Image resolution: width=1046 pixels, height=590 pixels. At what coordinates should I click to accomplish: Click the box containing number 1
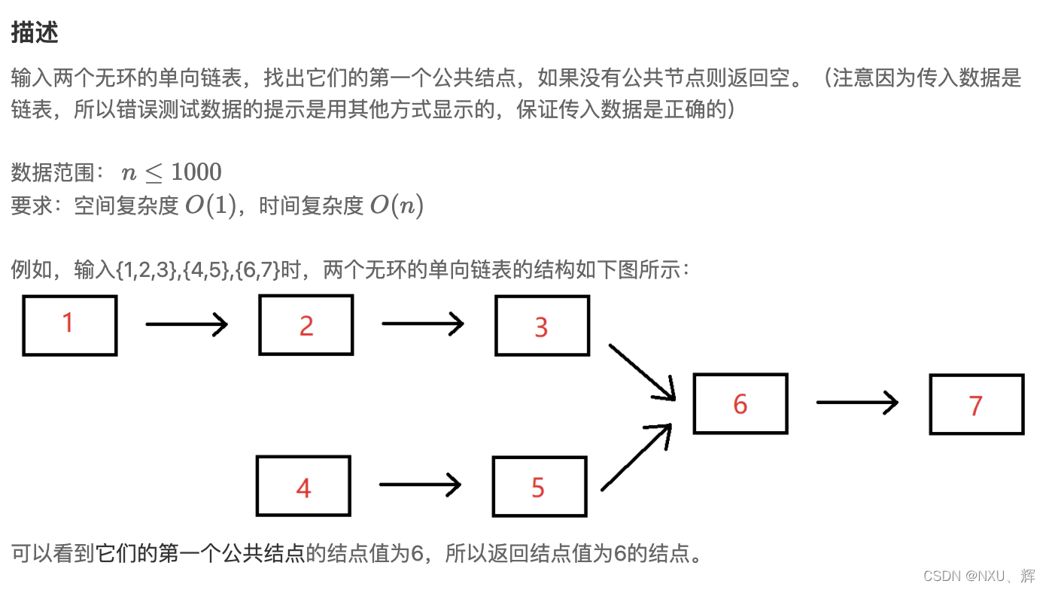[70, 325]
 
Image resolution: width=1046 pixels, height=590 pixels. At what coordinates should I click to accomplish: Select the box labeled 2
[306, 325]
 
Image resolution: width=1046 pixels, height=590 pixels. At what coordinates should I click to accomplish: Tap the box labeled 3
[542, 325]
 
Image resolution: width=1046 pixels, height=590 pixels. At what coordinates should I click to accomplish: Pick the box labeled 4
[303, 486]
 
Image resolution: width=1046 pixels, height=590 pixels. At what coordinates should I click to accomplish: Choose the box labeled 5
[539, 486]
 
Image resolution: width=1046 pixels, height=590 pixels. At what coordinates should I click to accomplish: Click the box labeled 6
[740, 403]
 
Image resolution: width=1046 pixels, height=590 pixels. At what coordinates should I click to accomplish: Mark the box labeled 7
[976, 404]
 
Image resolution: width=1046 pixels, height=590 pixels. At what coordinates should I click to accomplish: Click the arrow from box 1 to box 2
[187, 324]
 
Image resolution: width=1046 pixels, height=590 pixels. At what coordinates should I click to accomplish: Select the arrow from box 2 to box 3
[423, 324]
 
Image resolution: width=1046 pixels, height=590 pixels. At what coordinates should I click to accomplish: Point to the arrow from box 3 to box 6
[642, 372]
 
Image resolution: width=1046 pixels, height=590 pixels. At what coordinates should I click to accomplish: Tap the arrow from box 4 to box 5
[420, 485]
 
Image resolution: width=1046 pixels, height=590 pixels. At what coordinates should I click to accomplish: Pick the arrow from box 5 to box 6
[637, 457]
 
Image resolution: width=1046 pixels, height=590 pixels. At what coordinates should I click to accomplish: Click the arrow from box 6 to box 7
[857, 403]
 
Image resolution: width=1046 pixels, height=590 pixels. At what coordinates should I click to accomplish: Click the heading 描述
[35, 32]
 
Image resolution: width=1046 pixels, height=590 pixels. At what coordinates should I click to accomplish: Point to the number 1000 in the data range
[196, 172]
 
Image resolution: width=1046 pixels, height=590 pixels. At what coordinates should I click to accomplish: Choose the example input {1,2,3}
[147, 270]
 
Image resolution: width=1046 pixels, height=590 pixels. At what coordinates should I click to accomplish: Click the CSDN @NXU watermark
[978, 576]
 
